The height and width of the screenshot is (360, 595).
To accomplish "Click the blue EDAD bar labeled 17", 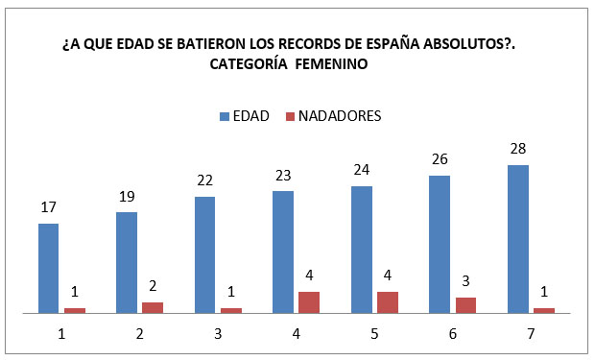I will point(48,268).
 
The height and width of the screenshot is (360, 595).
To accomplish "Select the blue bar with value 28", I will point(517,238).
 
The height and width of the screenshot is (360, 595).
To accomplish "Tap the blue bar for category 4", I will point(283,252).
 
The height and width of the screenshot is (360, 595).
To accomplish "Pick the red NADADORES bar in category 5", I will point(387,301).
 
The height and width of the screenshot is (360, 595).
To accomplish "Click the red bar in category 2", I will point(153,307).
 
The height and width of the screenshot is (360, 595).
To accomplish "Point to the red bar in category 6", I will point(465,304).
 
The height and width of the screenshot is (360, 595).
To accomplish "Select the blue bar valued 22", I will point(204,254).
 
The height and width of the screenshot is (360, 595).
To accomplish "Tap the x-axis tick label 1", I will point(61,333).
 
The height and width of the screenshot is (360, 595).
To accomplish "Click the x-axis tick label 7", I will point(531,333).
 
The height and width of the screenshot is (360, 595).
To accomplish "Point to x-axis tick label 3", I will point(218,333).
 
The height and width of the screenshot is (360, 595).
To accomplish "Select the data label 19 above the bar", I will point(127,197).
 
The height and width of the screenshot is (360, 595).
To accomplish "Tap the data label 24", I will point(361,171).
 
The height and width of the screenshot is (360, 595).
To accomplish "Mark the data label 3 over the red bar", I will point(465,282).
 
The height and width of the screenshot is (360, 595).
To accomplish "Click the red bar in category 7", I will point(543,309).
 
